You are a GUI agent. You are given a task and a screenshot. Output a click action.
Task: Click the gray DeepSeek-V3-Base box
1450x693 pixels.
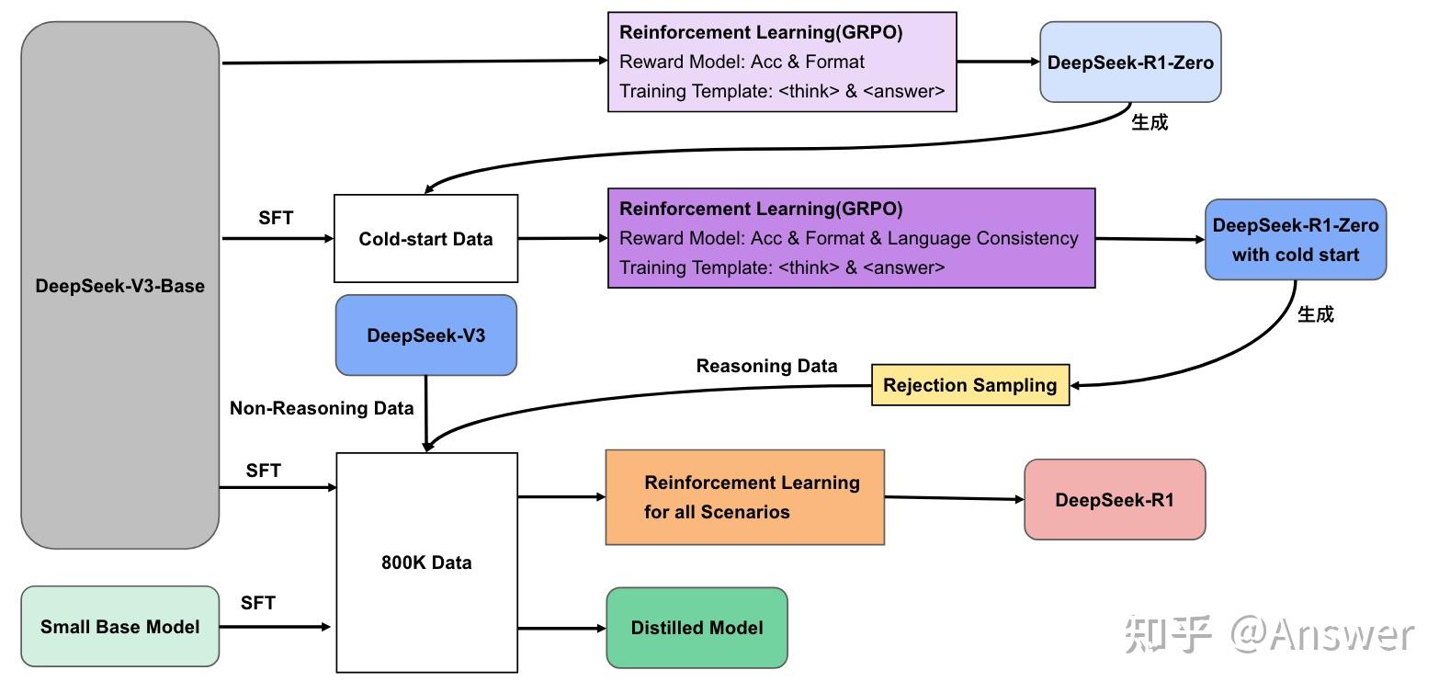[119, 286]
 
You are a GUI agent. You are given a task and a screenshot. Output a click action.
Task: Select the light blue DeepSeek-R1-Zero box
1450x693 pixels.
[1129, 62]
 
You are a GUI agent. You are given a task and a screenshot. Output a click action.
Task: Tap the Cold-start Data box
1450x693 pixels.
[425, 239]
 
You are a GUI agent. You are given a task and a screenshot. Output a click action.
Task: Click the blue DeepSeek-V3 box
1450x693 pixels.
[425, 335]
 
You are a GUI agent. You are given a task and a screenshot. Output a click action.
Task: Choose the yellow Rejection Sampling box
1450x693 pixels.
[969, 385]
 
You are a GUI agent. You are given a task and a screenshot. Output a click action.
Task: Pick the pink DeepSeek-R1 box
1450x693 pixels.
[1114, 500]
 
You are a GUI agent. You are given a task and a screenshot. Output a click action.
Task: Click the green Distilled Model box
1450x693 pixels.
[697, 628]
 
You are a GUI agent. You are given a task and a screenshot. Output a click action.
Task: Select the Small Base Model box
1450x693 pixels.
[119, 627]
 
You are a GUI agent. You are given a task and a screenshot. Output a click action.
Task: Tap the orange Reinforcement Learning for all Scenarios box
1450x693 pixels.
[744, 497]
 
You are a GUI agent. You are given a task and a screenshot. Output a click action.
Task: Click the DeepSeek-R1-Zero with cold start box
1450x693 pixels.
[1295, 240]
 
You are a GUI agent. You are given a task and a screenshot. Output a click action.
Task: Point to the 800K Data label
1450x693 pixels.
[426, 562]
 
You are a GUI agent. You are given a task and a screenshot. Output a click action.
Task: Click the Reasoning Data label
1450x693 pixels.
[766, 366]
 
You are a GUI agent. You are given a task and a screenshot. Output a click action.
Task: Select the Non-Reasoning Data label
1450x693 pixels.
[322, 408]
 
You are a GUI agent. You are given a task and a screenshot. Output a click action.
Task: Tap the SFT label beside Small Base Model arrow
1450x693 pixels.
[257, 603]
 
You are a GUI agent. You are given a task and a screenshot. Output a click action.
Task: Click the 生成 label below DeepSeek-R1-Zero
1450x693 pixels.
[1149, 122]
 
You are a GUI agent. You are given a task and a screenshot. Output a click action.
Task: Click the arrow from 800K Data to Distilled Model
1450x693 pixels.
[561, 629]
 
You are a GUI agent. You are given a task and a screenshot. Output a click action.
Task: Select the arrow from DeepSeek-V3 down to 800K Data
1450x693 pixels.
[425, 414]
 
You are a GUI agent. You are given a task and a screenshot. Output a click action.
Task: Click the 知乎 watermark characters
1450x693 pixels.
[1168, 634]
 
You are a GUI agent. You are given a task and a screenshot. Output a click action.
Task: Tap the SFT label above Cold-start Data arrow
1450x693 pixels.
[276, 218]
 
